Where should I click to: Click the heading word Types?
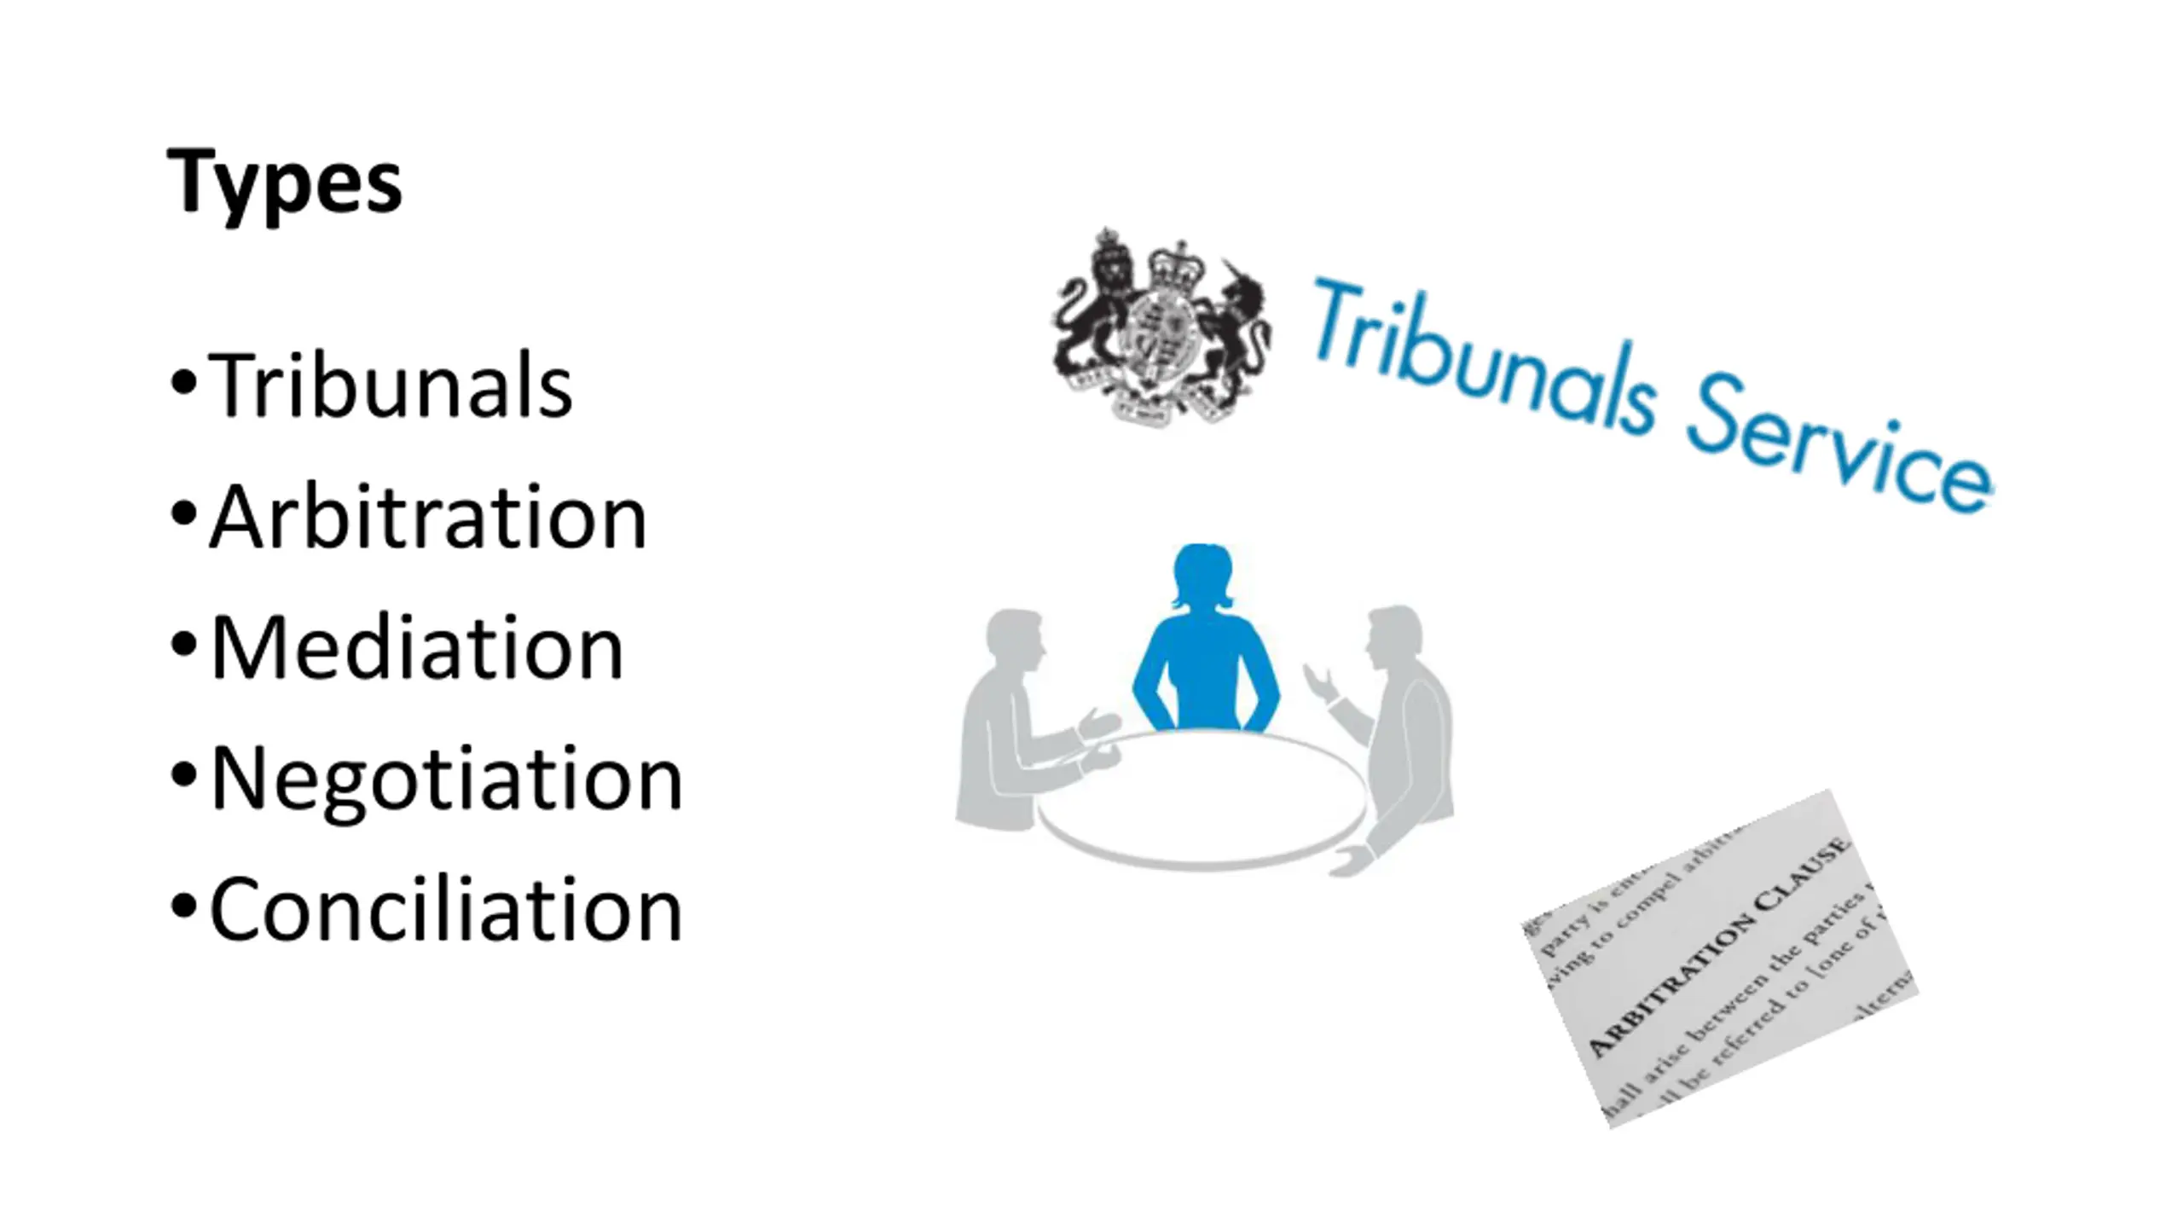pyautogui.click(x=284, y=182)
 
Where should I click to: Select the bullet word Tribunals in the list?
pyautogui.click(x=391, y=386)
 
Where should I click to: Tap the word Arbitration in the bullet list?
pyautogui.click(x=429, y=518)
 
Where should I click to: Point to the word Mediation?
pyautogui.click(x=417, y=648)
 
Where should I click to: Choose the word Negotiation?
pyautogui.click(x=446, y=779)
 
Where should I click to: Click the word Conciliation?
pyautogui.click(x=446, y=910)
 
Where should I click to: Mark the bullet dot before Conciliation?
pyautogui.click(x=183, y=907)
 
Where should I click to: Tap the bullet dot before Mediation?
pyautogui.click(x=183, y=645)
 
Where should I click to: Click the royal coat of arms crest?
pyautogui.click(x=1161, y=329)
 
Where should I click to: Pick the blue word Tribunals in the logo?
pyautogui.click(x=1484, y=358)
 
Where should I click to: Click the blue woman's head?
pyautogui.click(x=1202, y=573)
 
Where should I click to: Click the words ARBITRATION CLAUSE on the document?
pyautogui.click(x=1718, y=947)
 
